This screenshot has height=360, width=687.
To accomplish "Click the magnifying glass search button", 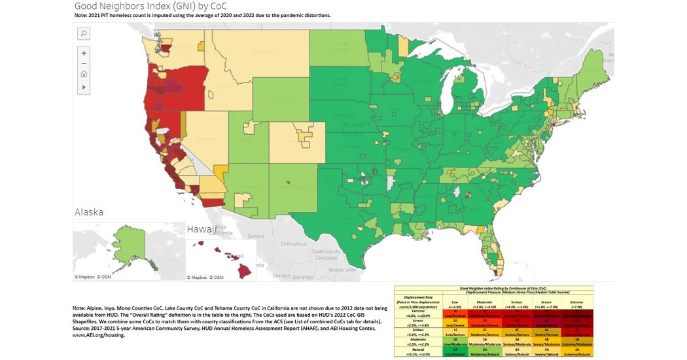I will [x=84, y=33].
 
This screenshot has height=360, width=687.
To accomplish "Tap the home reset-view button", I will [x=84, y=75].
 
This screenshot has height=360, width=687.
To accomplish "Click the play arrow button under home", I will [x=84, y=86].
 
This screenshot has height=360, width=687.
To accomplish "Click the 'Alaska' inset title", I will [x=89, y=212].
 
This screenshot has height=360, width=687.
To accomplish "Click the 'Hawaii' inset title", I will [x=201, y=229].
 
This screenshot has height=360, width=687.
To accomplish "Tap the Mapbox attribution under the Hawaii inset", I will [x=199, y=278].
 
